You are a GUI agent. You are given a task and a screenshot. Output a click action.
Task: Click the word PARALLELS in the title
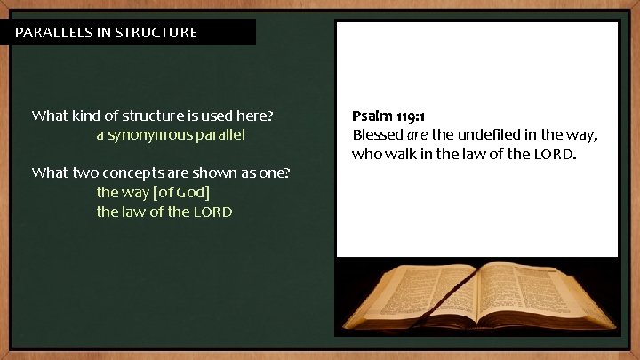pos(52,33)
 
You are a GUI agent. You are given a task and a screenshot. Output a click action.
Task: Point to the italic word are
pos(418,136)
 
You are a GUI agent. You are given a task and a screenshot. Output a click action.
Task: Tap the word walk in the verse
pos(404,155)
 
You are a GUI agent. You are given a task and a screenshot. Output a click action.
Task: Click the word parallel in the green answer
pos(222,135)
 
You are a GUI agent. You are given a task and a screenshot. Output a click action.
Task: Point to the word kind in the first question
pos(86,116)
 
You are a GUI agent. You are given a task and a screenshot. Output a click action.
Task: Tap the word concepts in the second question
pos(132,172)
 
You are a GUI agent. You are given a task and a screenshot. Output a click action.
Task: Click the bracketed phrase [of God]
pos(181,192)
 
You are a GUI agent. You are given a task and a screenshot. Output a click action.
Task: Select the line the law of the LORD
pos(164,212)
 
